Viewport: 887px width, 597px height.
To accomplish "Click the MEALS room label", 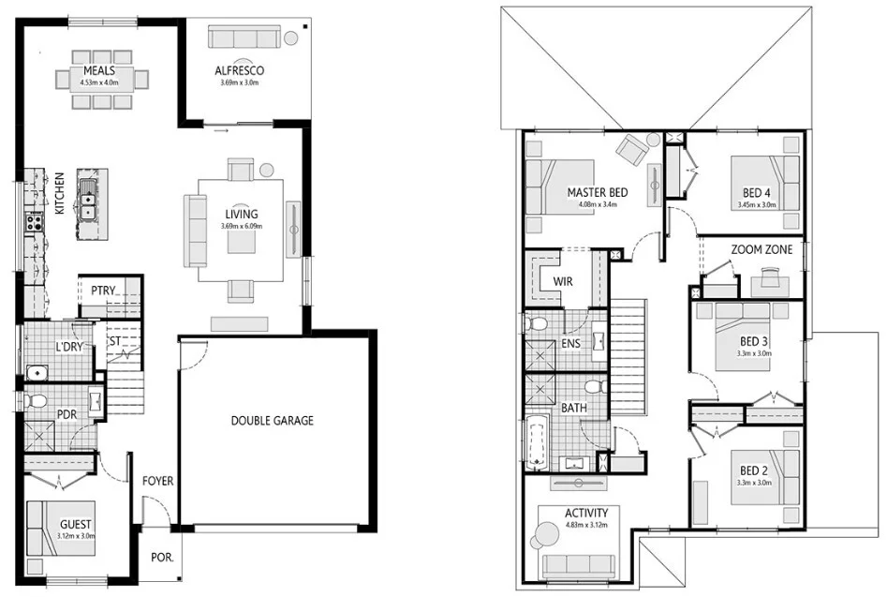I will [98, 70].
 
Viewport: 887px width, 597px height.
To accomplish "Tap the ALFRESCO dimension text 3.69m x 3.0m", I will [239, 82].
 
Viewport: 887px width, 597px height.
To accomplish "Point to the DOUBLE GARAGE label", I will [273, 421].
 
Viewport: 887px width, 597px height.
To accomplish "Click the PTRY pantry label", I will [102, 291].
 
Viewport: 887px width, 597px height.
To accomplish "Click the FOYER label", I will [158, 482].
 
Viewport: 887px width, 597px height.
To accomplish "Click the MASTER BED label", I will [597, 193].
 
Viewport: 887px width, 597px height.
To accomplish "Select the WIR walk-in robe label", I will [562, 281].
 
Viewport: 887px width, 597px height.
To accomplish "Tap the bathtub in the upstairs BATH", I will [537, 443].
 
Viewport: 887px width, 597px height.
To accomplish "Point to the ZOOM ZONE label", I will [760, 250].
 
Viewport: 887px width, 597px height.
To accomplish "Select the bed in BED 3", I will [743, 328].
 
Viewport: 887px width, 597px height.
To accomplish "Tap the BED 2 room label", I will [755, 470].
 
